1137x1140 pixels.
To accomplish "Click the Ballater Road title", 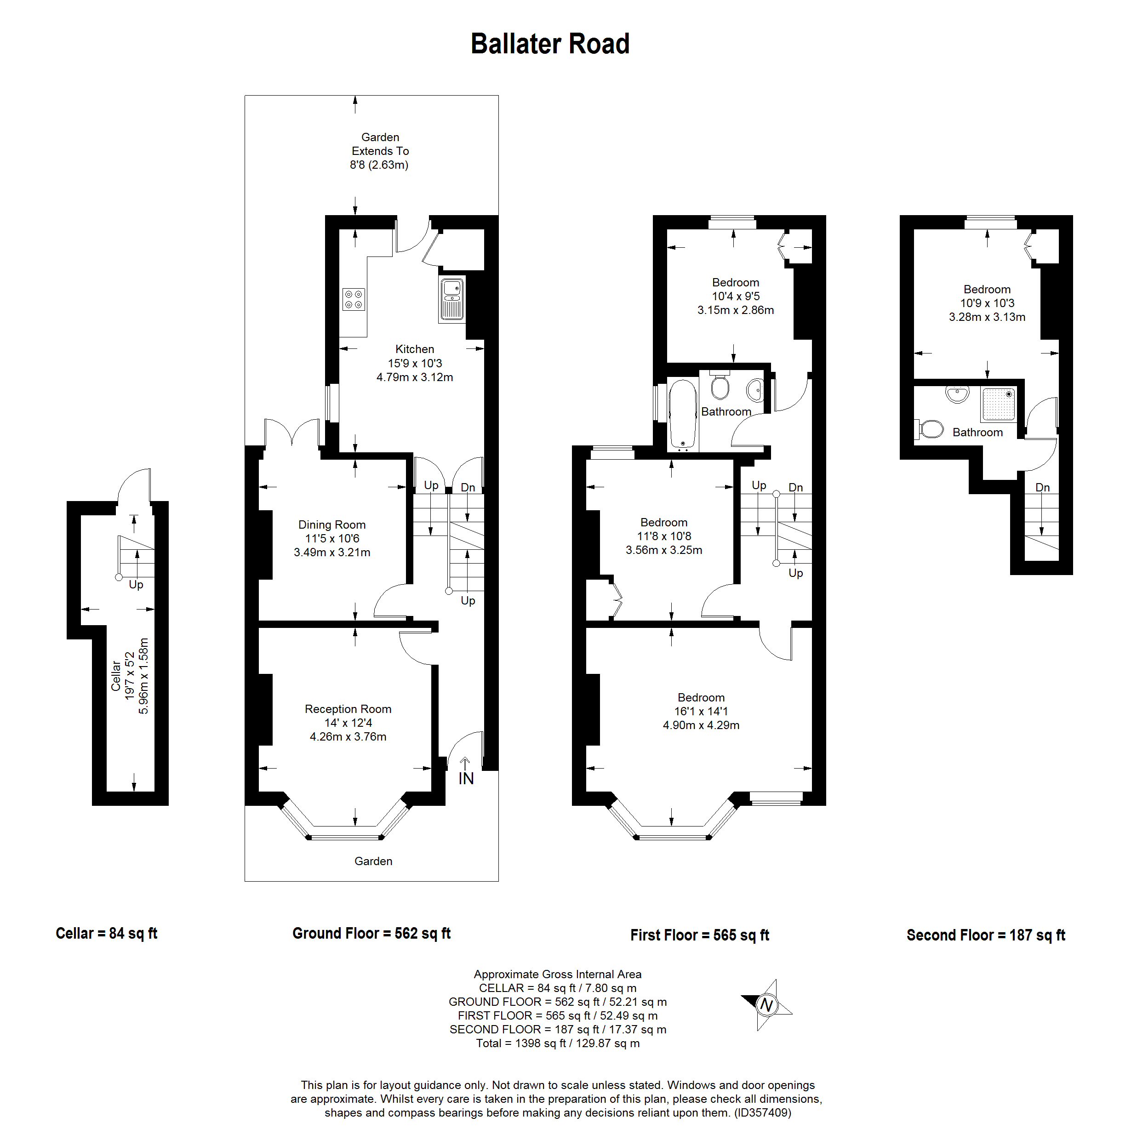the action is (550, 44).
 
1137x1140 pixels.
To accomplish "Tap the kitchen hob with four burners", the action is (354, 299).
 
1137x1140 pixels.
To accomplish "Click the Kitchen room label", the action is (414, 349).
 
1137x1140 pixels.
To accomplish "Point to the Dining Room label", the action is (331, 524).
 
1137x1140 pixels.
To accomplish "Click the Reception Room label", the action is (348, 709).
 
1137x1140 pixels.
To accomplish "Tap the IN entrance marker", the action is (466, 778).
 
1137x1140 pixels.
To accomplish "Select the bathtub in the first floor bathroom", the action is (683, 414).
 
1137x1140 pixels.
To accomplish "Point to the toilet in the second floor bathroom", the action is (931, 429).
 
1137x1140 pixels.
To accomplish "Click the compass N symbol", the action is (766, 1004).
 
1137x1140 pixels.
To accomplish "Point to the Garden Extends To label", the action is (380, 144).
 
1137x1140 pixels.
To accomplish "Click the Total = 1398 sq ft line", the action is (558, 1043).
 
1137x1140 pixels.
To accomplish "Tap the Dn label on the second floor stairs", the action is (1043, 487).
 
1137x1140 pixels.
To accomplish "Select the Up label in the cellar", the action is (136, 585).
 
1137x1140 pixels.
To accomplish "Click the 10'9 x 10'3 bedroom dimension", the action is (987, 303).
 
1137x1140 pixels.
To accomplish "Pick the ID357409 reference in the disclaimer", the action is (762, 1113).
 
